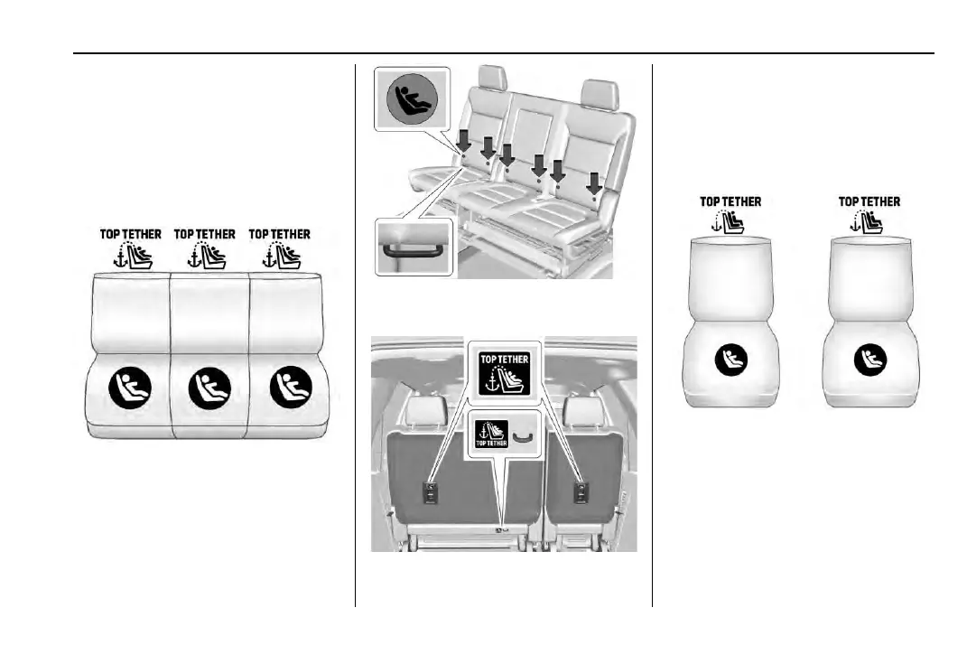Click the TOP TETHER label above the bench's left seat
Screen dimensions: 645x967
coord(130,234)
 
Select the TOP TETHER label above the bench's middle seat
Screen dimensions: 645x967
coord(205,234)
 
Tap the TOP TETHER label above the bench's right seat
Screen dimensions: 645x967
coord(280,234)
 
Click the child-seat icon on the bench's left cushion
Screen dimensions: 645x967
coord(130,389)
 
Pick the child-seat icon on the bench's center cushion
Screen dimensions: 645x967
coord(209,389)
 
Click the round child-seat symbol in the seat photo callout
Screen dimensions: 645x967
coord(412,99)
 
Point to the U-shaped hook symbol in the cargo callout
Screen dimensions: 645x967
coord(521,437)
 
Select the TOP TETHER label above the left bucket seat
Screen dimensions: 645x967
coord(730,201)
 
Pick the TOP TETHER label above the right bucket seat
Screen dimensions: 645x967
coord(869,201)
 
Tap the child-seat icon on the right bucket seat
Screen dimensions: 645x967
coord(869,361)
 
